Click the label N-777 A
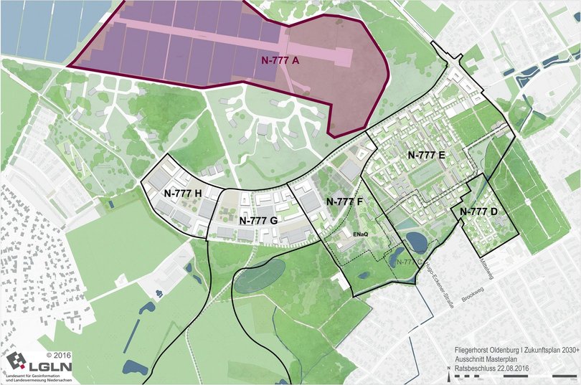(x=271, y=62)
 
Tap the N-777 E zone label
(x=427, y=155)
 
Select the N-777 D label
(x=478, y=211)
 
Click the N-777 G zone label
(x=258, y=220)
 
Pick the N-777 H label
(x=183, y=193)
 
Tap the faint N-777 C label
(x=408, y=262)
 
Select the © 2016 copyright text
(x=60, y=354)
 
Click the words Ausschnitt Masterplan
(x=487, y=361)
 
